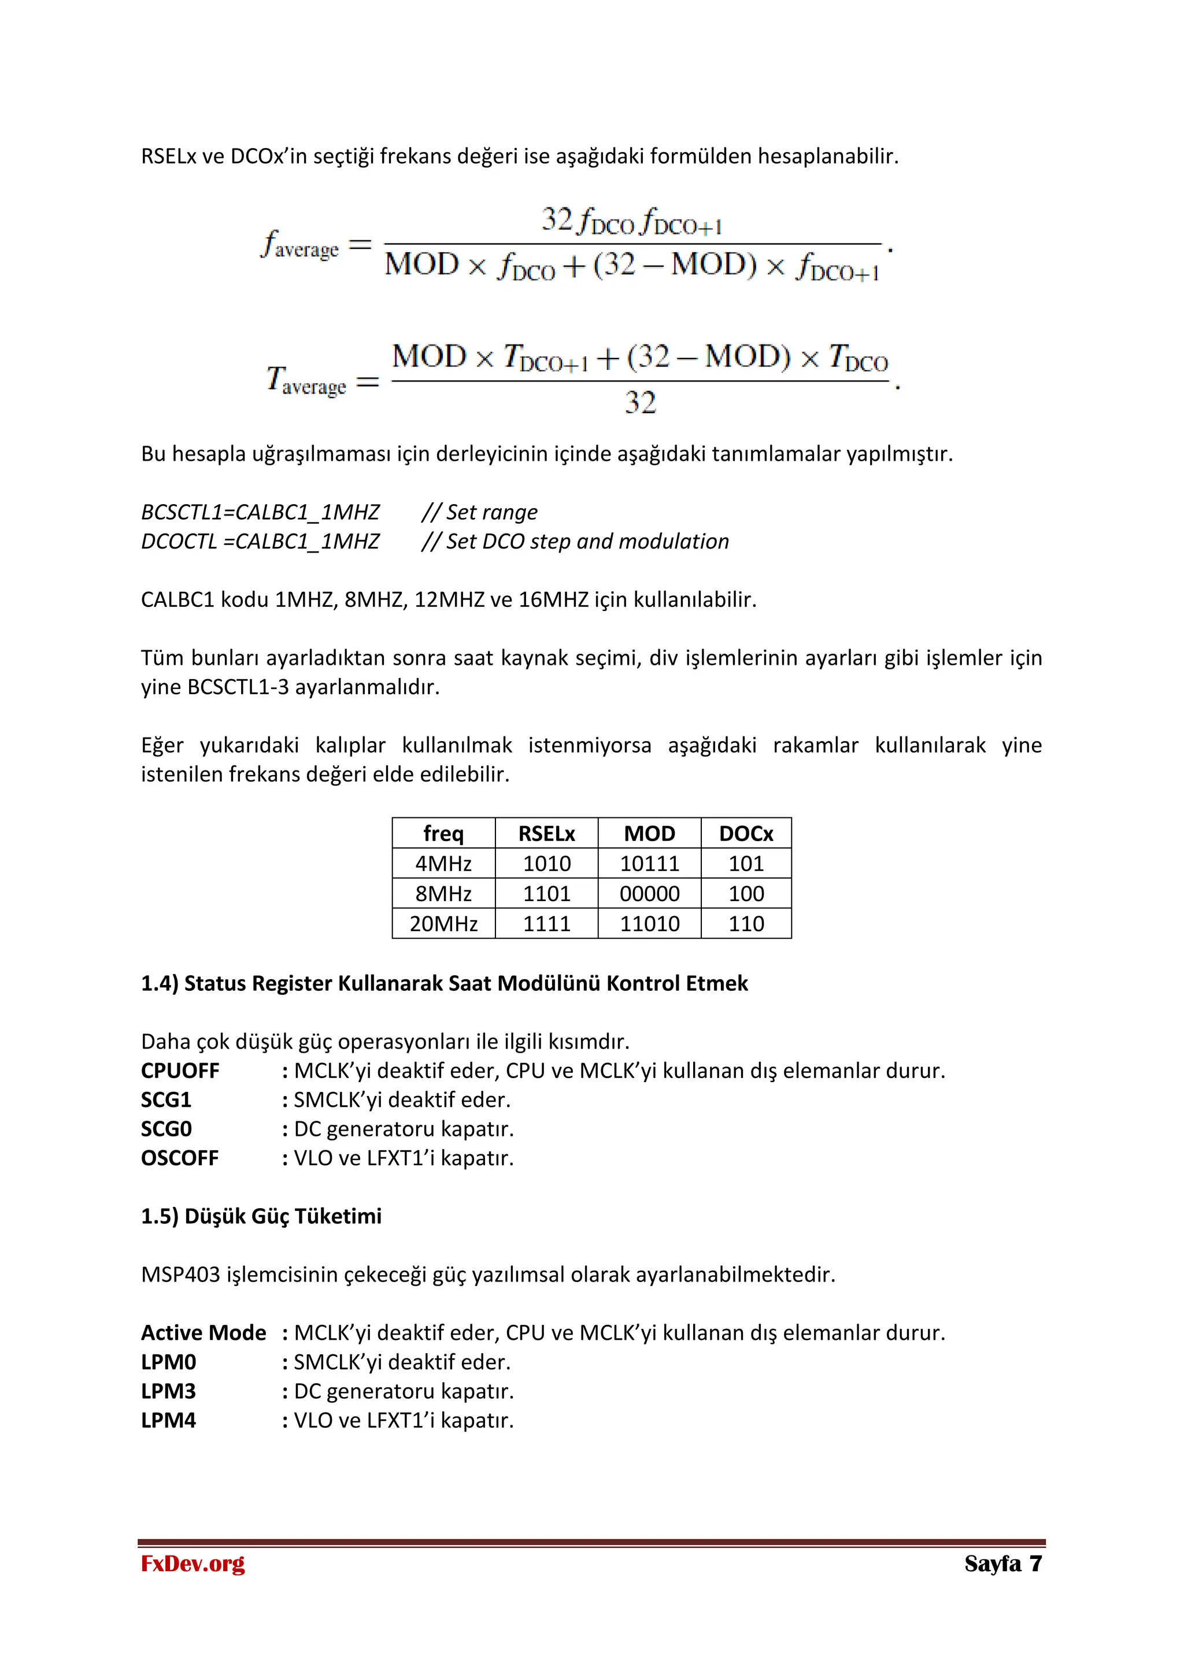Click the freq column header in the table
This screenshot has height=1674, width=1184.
click(443, 834)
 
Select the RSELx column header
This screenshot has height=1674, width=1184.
click(546, 834)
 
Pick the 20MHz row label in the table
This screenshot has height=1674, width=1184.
click(443, 924)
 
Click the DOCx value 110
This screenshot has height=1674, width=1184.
click(746, 924)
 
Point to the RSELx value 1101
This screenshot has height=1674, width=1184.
click(546, 894)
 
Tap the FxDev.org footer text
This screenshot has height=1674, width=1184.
click(193, 1564)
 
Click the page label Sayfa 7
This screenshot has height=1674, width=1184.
click(1002, 1564)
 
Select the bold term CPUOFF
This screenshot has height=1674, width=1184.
click(180, 1071)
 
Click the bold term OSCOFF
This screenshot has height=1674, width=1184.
click(179, 1158)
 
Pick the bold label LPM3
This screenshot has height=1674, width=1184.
click(168, 1392)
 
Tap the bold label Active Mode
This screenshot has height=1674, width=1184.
click(203, 1334)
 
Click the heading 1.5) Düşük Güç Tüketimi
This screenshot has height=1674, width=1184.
click(261, 1217)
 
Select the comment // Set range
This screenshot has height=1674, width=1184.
click(479, 513)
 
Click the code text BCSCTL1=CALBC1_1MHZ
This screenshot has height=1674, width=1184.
click(260, 513)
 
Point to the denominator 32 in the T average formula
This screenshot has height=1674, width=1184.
click(640, 402)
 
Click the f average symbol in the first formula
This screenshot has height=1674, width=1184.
click(299, 245)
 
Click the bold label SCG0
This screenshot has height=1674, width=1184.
click(166, 1129)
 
